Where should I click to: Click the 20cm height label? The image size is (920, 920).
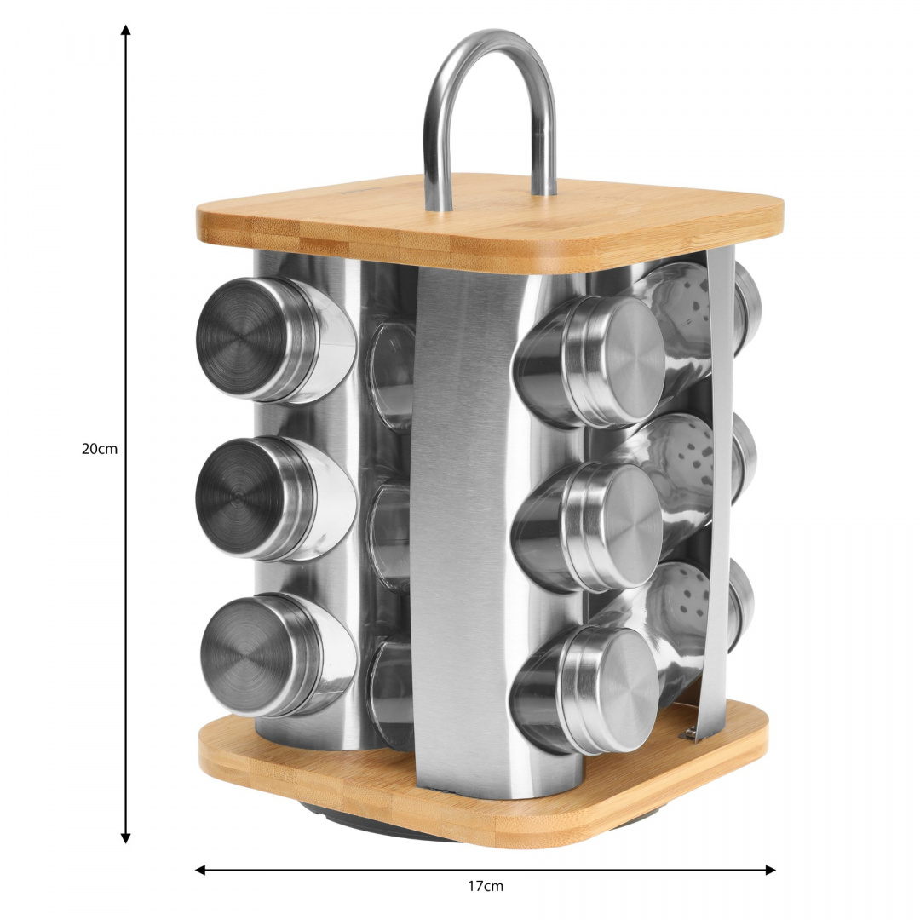coord(100,450)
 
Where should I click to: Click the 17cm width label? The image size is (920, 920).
coord(486,886)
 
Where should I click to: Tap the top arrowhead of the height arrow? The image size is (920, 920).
coord(125,30)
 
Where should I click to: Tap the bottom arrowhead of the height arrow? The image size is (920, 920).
coord(125,838)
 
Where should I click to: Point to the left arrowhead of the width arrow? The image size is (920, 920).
coord(200,870)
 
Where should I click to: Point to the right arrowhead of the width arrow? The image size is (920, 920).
coord(770,870)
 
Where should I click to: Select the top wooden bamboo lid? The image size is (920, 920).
coord(489,220)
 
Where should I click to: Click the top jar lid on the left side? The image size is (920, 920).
coord(236,337)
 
